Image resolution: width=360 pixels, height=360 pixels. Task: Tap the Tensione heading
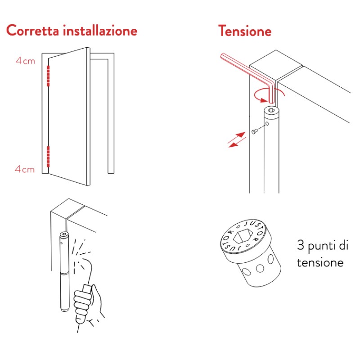coord(245,31)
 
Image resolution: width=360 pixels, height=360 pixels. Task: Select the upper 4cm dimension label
coord(25,61)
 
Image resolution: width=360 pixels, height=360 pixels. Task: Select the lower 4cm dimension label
coord(25,169)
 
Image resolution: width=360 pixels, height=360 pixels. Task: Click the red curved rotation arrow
coord(265,94)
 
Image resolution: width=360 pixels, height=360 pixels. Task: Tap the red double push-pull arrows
coord(236,139)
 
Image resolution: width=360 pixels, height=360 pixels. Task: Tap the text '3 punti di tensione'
coord(323,254)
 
